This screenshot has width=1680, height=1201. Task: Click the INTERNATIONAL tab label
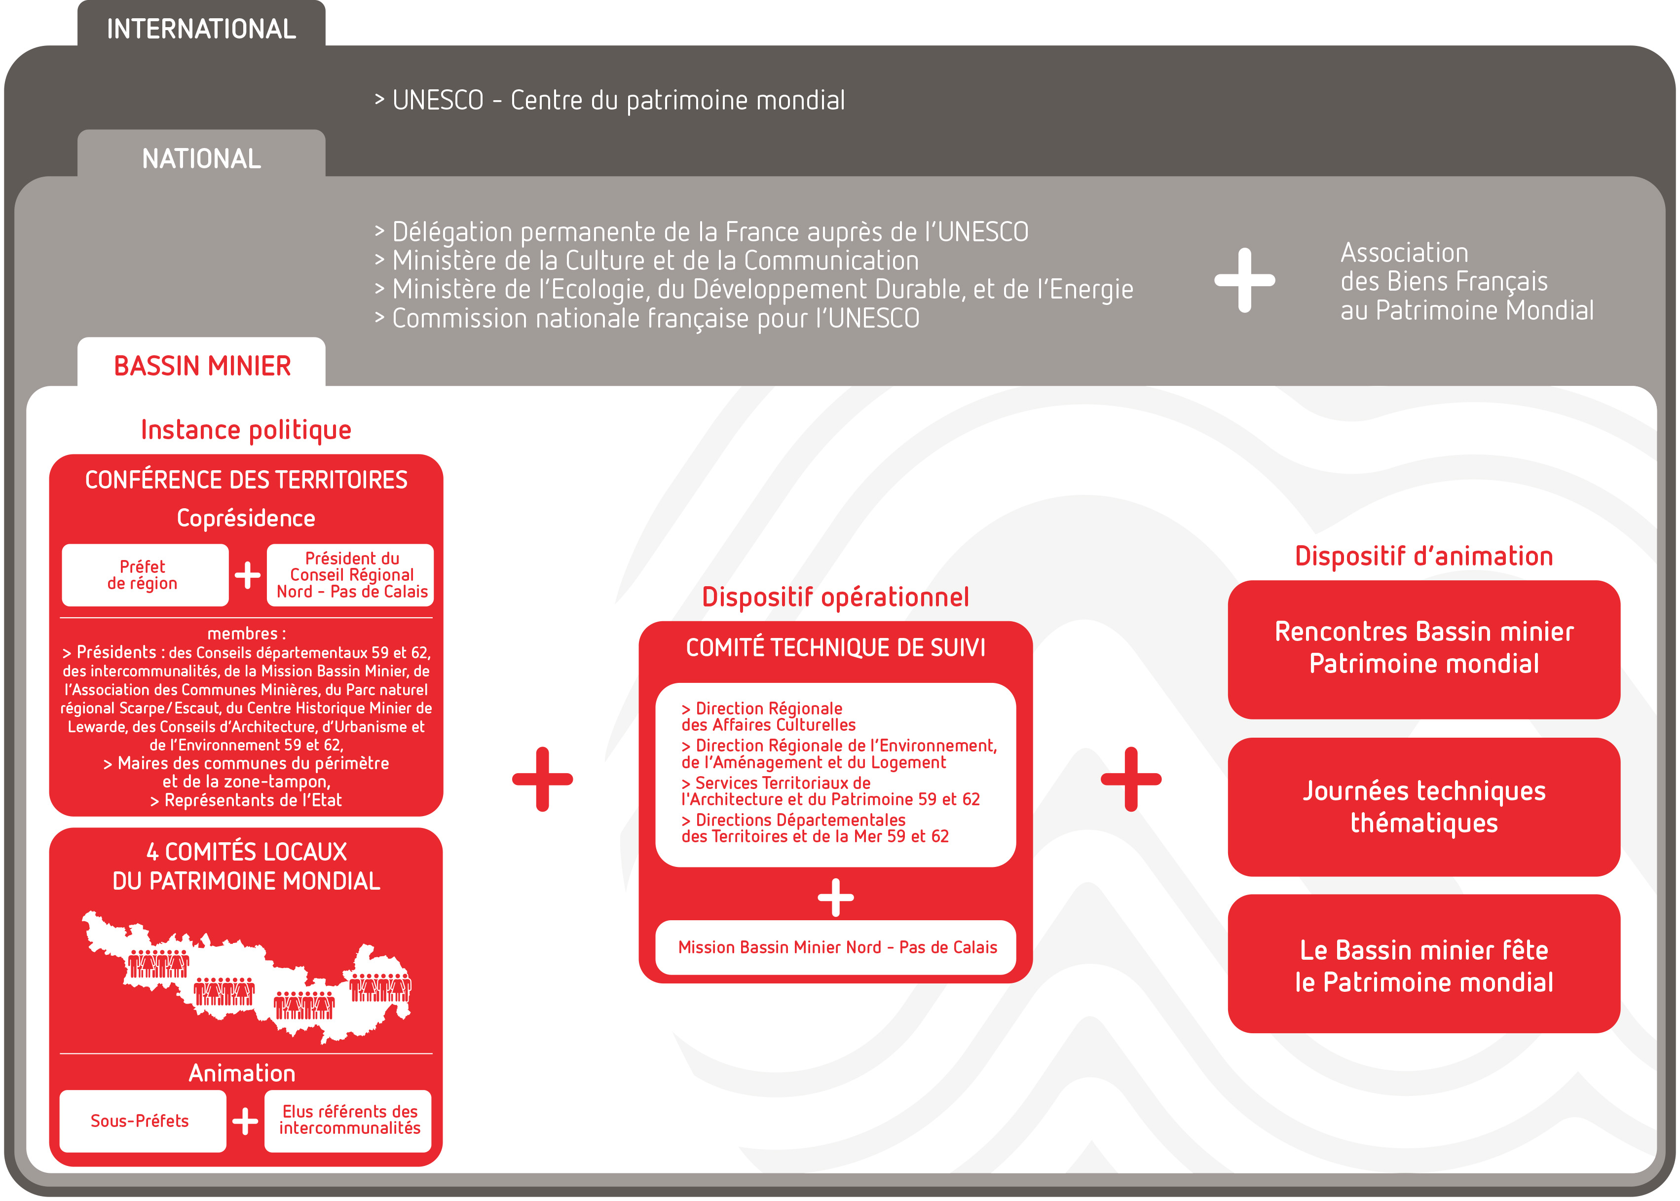pos(201,29)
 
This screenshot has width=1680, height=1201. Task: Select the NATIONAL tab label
pos(201,158)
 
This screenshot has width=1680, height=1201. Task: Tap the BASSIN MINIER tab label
pos(202,365)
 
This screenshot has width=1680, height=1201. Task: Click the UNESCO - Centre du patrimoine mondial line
pos(610,100)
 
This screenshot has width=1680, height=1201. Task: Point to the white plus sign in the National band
pos(1244,280)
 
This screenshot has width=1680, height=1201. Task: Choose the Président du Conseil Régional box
pos(350,575)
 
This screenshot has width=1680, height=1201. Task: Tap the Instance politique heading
pos(246,430)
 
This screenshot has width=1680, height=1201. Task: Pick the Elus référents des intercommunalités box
pos(348,1121)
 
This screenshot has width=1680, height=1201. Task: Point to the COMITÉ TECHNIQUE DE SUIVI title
pos(836,648)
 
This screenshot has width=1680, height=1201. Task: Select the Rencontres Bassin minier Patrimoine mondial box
pos(1423,648)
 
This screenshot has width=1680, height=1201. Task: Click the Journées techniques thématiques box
pos(1423,806)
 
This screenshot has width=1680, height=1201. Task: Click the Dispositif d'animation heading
pos(1423,556)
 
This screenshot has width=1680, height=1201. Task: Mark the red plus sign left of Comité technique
pos(542,779)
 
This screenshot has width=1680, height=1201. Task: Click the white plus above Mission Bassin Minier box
pos(836,897)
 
